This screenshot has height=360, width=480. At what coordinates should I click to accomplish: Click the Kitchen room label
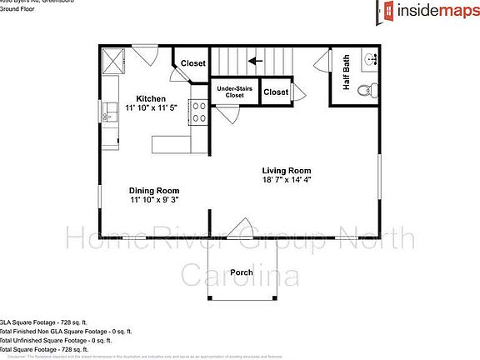coord(151,99)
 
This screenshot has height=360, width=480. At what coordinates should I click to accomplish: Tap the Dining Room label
coord(154,190)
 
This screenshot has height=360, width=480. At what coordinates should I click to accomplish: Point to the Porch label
coord(242,272)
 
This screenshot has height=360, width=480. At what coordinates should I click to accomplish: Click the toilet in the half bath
coord(364,90)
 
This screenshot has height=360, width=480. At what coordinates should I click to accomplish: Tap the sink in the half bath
coord(372,60)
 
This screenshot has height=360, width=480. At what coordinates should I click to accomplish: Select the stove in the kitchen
coord(198,112)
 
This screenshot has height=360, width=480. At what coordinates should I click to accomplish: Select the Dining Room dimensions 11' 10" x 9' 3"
coord(154,200)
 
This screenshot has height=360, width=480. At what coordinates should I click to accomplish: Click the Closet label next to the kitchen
coord(193,63)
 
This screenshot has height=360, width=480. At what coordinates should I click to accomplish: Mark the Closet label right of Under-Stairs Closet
coord(276,92)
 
